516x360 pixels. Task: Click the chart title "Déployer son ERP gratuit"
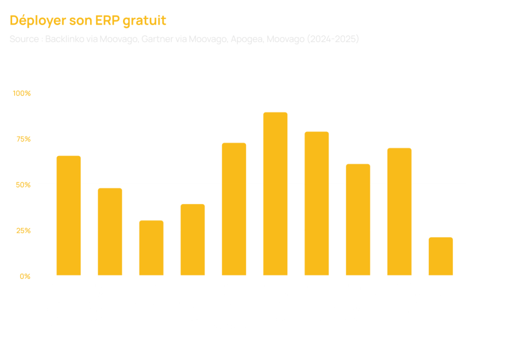[88, 21]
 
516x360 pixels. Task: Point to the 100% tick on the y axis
[22, 93]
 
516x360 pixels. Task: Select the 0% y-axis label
[25, 276]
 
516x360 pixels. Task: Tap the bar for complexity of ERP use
[110, 232]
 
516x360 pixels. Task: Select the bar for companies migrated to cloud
[151, 248]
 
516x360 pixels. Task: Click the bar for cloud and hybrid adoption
[192, 240]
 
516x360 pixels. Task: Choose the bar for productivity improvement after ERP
[234, 209]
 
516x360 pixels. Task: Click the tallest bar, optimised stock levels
[276, 194]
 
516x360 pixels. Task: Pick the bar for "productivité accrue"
[316, 203]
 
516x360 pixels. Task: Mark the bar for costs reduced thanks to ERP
[358, 220]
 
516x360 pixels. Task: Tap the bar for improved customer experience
[399, 211]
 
